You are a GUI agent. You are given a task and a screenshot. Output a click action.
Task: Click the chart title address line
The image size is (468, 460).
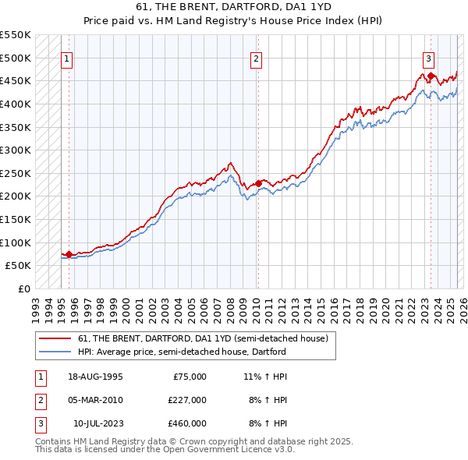pos(234,7)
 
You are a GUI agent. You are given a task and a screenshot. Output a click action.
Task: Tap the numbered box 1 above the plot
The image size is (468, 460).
pos(66,57)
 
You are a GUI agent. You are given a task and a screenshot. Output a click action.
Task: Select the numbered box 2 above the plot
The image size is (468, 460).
pos(257,57)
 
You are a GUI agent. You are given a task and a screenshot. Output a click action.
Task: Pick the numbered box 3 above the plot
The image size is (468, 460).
pos(429,57)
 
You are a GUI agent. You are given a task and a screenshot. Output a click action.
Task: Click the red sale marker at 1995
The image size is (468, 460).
pos(69,254)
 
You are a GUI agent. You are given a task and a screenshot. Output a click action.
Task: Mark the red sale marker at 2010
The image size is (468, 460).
pos(258,184)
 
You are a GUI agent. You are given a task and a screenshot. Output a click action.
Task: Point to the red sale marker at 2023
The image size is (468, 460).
pos(431,76)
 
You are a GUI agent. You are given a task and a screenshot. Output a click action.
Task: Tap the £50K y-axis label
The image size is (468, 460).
pos(19,265)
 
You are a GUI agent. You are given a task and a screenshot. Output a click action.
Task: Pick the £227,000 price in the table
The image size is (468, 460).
pos(187,400)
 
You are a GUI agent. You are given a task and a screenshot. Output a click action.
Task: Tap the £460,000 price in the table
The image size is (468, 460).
pos(187,423)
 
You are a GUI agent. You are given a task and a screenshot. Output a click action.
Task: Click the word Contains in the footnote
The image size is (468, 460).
pos(55,441)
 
